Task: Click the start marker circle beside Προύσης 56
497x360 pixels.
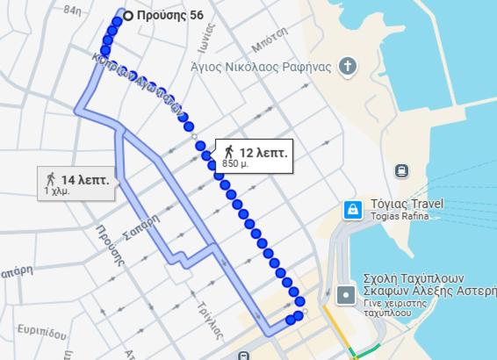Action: [129, 15]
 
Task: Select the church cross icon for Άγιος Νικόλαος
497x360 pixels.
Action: [349, 66]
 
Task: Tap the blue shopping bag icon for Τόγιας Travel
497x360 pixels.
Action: [352, 209]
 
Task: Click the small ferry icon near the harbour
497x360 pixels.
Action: [401, 170]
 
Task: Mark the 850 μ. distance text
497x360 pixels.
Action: [236, 163]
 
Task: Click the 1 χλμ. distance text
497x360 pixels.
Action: [58, 191]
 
